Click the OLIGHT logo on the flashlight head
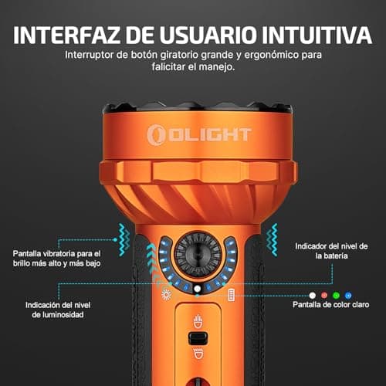[x=199, y=134]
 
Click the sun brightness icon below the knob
[x=164, y=295]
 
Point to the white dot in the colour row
[x=313, y=295]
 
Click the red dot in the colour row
[x=325, y=295]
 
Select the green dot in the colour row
[x=337, y=295]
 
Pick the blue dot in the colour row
[x=348, y=295]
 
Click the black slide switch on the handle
[x=198, y=337]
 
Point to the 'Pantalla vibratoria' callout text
[x=57, y=258]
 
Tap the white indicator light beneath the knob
[x=198, y=289]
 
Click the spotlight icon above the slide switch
[x=198, y=319]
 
